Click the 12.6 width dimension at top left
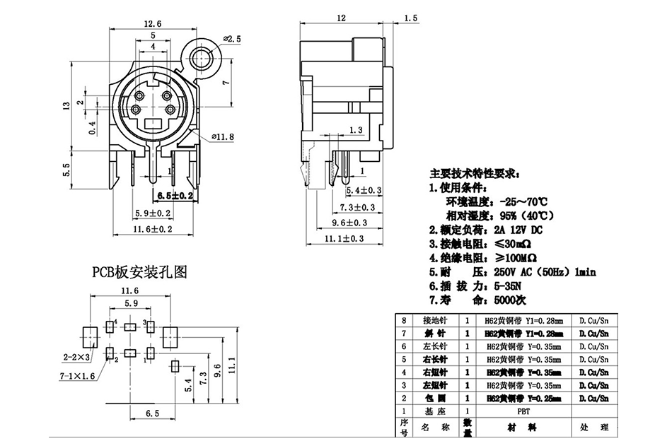click(153, 23)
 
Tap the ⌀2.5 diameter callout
click(232, 39)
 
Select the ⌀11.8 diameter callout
click(223, 136)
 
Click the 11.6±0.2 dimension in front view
click(153, 229)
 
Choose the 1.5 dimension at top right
click(409, 18)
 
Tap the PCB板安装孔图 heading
click(139, 271)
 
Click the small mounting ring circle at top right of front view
click(208, 57)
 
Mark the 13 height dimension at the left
click(66, 105)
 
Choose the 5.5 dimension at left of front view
click(66, 170)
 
